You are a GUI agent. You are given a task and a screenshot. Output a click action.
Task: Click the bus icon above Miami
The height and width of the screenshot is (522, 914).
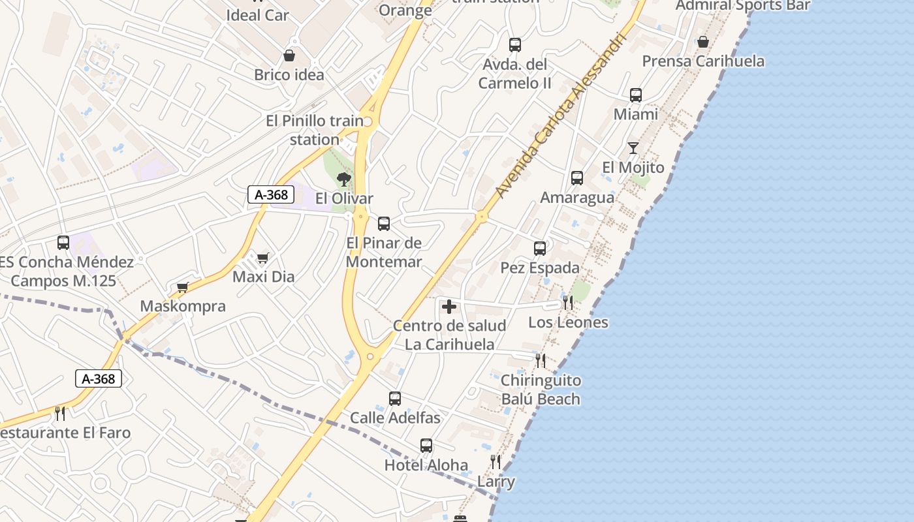(636, 95)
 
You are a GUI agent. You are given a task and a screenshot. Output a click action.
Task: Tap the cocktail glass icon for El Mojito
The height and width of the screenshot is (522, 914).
(633, 148)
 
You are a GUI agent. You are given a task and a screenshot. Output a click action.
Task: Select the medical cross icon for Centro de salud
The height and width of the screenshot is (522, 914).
(449, 306)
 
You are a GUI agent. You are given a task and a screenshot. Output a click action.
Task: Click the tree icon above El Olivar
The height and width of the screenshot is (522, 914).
(343, 179)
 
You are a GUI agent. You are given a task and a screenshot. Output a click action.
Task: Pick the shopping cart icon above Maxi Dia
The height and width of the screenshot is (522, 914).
(262, 258)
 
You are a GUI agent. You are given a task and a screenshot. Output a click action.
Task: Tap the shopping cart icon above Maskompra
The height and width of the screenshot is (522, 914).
(183, 287)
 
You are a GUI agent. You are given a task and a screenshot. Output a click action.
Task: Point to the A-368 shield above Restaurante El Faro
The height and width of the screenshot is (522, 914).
(99, 378)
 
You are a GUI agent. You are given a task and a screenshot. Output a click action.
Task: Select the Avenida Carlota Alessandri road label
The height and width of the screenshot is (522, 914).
(561, 115)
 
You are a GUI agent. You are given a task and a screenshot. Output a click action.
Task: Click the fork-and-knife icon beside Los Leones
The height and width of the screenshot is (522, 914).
(568, 303)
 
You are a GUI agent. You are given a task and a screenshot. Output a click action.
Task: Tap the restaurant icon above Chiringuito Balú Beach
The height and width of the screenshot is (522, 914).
(541, 360)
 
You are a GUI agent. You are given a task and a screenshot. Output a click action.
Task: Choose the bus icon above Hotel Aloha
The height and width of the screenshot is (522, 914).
(426, 446)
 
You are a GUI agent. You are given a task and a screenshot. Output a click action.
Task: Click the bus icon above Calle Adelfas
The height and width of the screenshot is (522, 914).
(395, 399)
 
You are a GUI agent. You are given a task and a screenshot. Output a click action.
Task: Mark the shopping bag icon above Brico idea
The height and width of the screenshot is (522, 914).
(289, 55)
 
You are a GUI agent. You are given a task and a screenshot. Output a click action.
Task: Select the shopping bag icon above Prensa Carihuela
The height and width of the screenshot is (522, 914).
(703, 42)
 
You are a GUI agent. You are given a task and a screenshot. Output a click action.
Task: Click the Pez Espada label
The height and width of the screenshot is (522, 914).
(540, 268)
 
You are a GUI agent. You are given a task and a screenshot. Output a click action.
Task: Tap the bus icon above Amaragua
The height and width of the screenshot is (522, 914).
(577, 178)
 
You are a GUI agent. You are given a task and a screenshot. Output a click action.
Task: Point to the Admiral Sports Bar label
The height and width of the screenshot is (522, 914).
(743, 6)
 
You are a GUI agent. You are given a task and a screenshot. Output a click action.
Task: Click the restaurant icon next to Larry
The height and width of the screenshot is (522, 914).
(496, 462)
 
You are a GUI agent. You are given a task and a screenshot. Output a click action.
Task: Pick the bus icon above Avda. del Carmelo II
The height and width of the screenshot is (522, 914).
(515, 45)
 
